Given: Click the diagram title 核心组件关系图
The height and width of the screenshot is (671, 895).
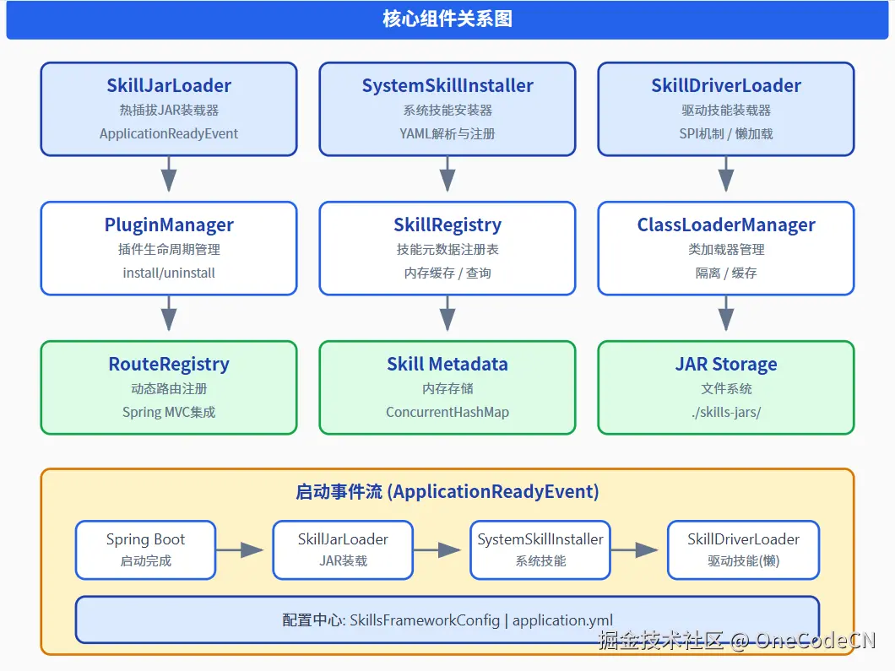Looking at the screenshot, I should (447, 19).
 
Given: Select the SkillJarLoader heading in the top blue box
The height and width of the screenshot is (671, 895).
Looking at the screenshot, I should (169, 85).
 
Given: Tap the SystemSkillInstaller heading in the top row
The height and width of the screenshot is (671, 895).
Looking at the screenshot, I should (447, 85).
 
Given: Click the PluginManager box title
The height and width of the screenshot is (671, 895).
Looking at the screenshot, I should (169, 225).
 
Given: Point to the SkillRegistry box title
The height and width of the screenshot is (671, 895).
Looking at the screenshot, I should (447, 225).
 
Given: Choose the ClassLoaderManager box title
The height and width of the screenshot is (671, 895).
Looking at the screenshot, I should (726, 225).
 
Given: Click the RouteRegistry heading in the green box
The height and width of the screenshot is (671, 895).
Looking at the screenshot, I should (169, 364).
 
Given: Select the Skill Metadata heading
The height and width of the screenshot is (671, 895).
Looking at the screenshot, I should (447, 364).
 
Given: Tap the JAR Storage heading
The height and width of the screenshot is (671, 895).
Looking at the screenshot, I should (726, 364).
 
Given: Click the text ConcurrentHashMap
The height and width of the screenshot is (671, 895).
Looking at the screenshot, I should (447, 412).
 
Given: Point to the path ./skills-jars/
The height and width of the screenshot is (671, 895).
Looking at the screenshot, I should (726, 412).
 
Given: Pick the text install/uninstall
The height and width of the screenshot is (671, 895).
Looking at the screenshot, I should (169, 273).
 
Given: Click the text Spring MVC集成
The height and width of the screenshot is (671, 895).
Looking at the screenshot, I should (169, 412).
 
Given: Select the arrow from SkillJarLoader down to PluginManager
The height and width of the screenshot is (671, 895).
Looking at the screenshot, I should (169, 178).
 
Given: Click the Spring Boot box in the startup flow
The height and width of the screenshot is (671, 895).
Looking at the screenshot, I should (145, 549).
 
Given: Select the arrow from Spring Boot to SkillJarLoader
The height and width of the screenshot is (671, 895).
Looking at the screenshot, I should (241, 549).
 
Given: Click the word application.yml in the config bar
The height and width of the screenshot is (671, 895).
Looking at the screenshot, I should (562, 620).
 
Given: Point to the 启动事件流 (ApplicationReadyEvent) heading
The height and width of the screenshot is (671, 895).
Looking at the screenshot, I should (447, 491).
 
